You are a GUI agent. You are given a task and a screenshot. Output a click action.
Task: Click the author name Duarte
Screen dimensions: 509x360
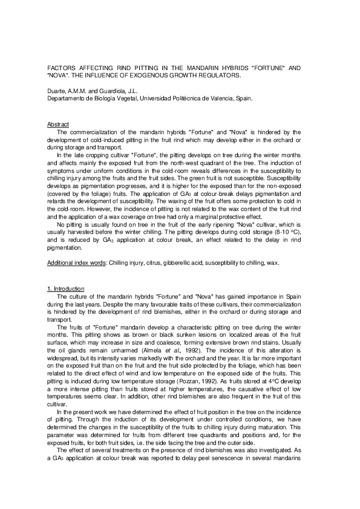pos(56,90)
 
